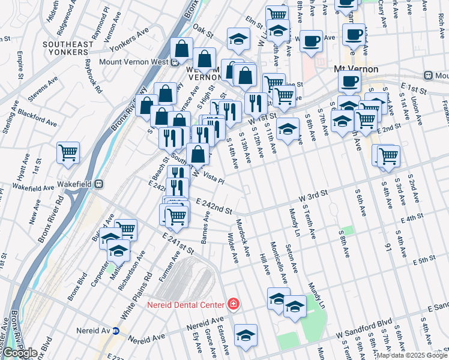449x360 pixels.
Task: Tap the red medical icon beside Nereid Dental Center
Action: tap(232, 305)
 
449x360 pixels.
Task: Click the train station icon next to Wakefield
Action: tap(101, 184)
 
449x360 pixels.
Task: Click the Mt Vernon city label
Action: tap(356, 70)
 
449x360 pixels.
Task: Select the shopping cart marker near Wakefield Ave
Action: tap(68, 152)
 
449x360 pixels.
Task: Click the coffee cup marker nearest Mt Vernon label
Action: tap(349, 81)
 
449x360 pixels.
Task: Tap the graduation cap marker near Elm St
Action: tap(238, 39)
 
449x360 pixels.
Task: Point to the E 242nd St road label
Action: tap(214, 208)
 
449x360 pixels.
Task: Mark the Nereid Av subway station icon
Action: tap(116, 331)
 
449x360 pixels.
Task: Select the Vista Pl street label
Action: tap(214, 178)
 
